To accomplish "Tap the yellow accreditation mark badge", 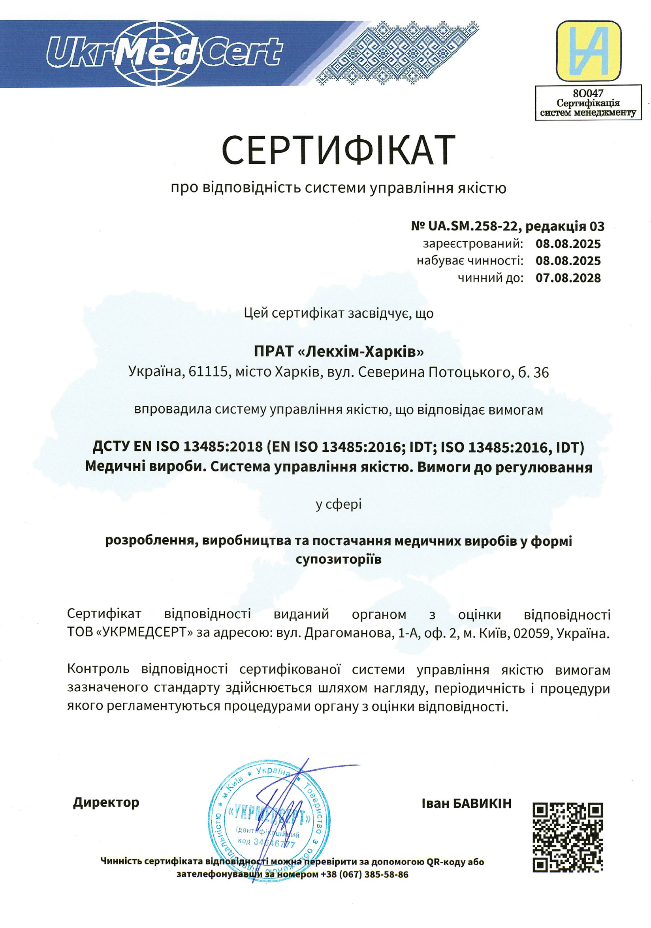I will point(588,51).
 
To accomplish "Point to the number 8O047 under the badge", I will point(588,94).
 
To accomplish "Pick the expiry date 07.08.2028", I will point(568,278).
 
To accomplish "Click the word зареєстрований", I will point(472,244).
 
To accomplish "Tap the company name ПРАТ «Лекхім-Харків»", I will point(339,352).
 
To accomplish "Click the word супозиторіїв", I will point(338,559).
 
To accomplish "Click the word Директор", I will point(106,802).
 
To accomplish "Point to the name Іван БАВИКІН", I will point(467,803).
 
